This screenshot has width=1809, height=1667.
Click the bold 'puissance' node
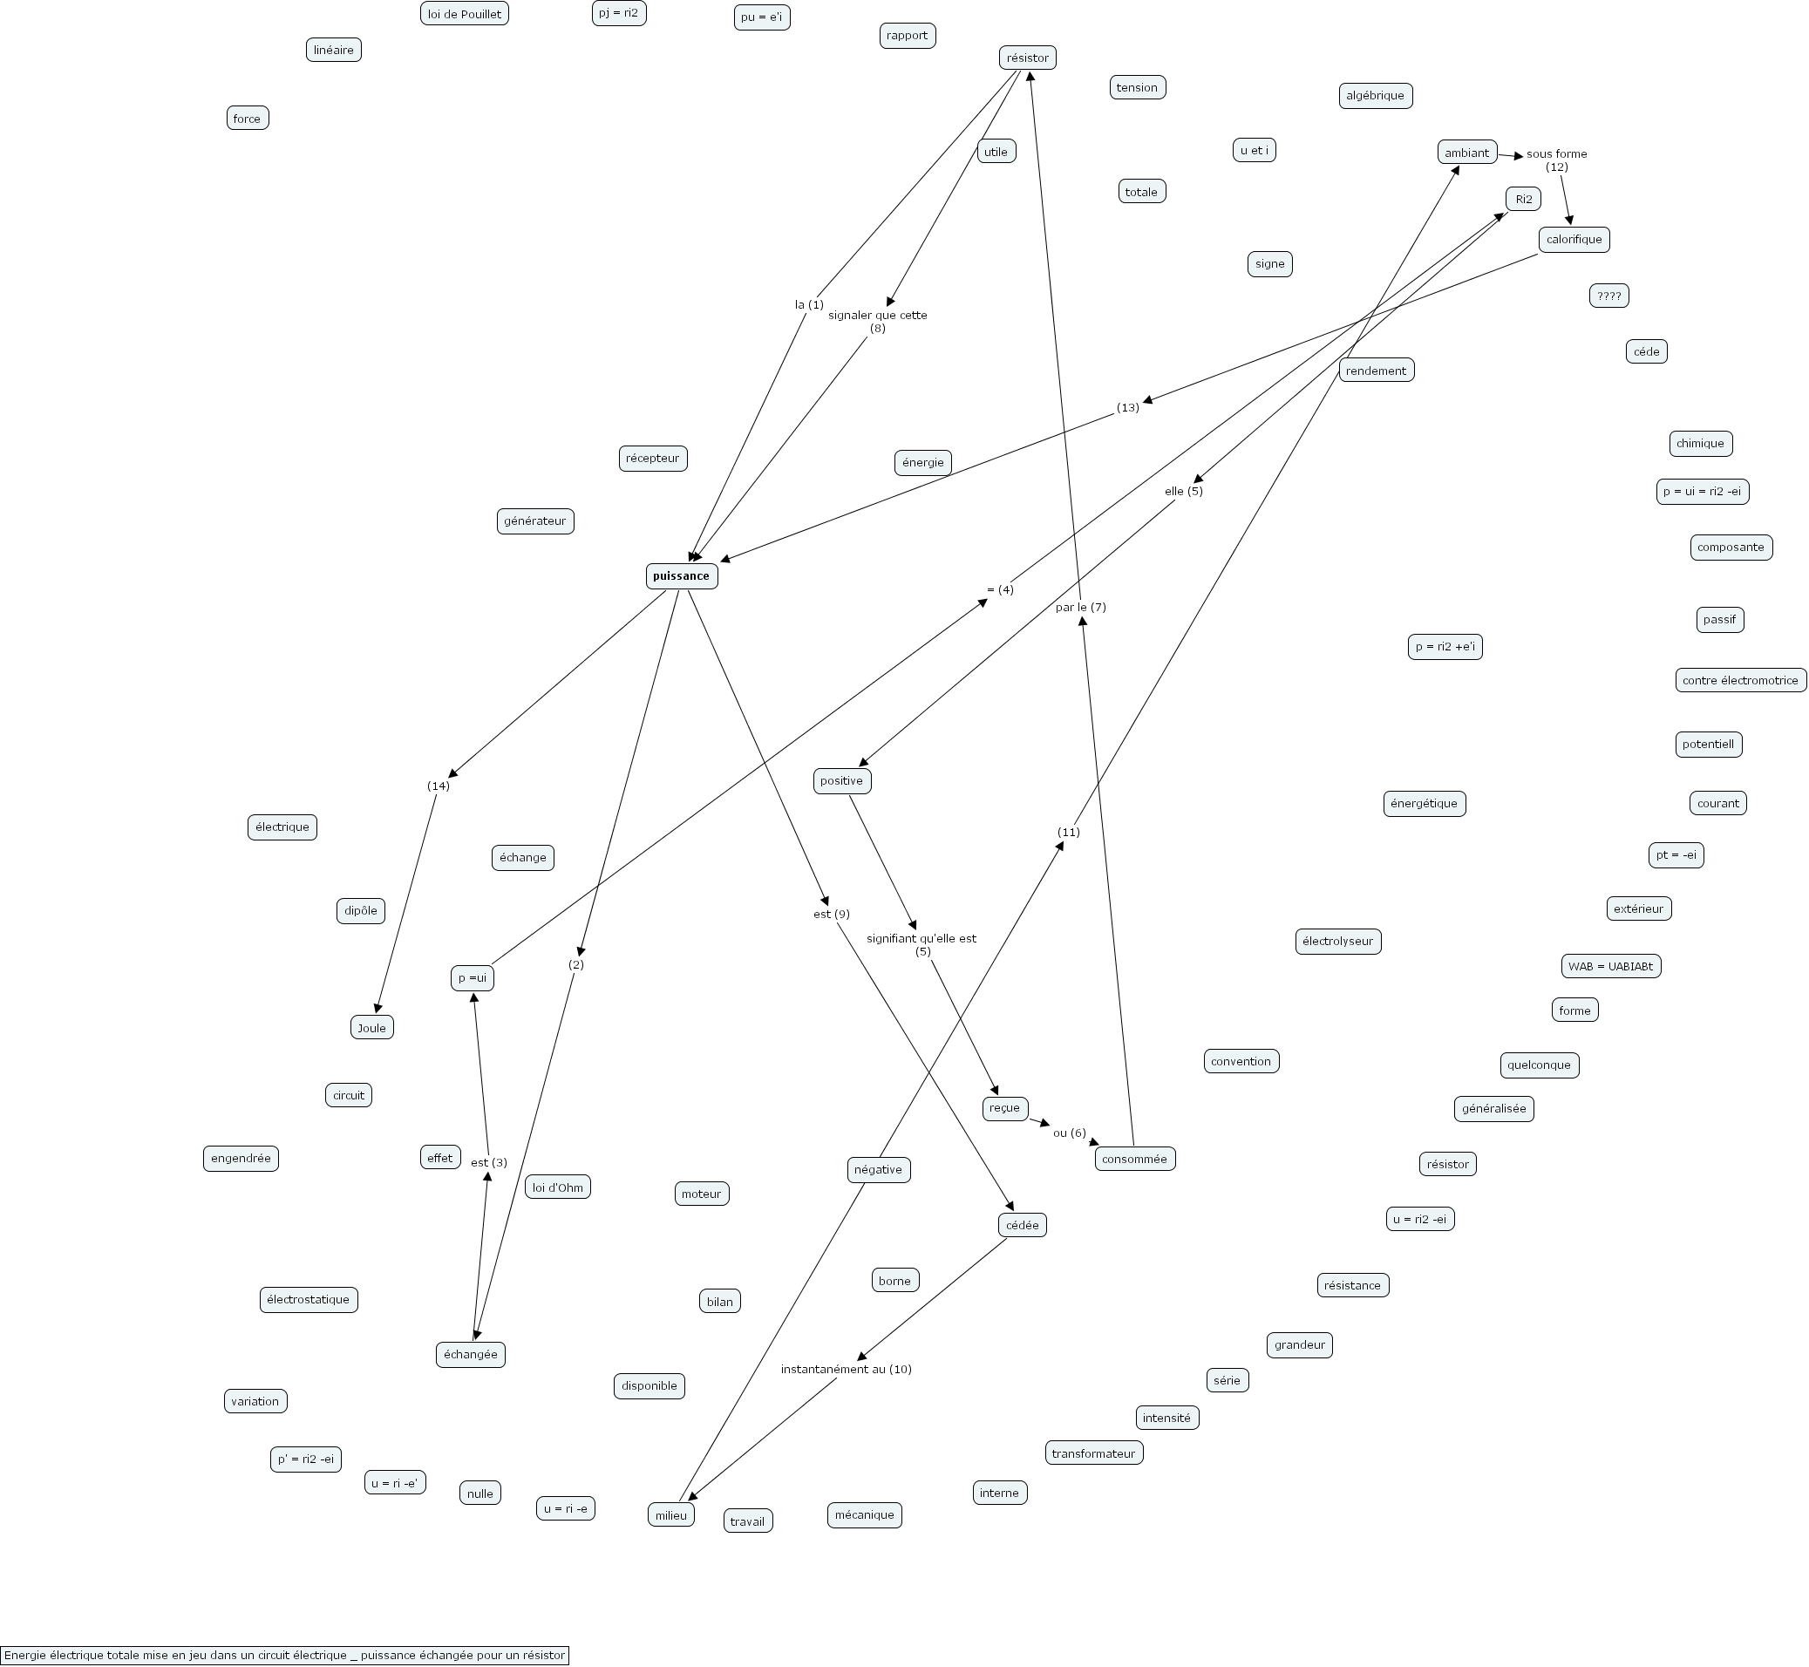click(x=681, y=576)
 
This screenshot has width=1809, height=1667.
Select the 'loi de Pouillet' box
click(x=465, y=14)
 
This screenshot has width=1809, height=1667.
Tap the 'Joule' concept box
click(x=371, y=1027)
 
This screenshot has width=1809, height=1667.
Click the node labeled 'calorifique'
click(x=1574, y=239)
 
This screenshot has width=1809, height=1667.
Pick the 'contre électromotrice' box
click(x=1739, y=680)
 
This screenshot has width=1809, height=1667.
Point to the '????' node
click(x=1608, y=296)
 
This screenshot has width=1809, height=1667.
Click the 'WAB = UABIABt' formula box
click(x=1610, y=966)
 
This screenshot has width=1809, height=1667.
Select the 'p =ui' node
click(x=473, y=978)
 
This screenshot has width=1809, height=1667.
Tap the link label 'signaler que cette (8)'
click(x=877, y=321)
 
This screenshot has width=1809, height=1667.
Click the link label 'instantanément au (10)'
click(x=846, y=1370)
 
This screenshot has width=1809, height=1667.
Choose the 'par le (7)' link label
click(x=1080, y=607)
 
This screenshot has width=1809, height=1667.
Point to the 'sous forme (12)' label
click(x=1556, y=160)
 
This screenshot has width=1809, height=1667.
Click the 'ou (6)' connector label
click(x=1070, y=1133)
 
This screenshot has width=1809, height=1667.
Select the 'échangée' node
click(x=471, y=1355)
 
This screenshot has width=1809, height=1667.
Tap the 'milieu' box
click(x=671, y=1515)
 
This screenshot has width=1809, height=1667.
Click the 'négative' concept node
click(x=879, y=1170)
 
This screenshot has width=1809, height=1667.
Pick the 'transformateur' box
click(x=1094, y=1453)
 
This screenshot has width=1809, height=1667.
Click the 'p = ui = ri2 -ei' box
click(x=1703, y=492)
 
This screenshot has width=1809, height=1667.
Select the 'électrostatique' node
click(x=309, y=1300)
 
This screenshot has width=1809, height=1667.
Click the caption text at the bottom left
click(x=285, y=1656)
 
